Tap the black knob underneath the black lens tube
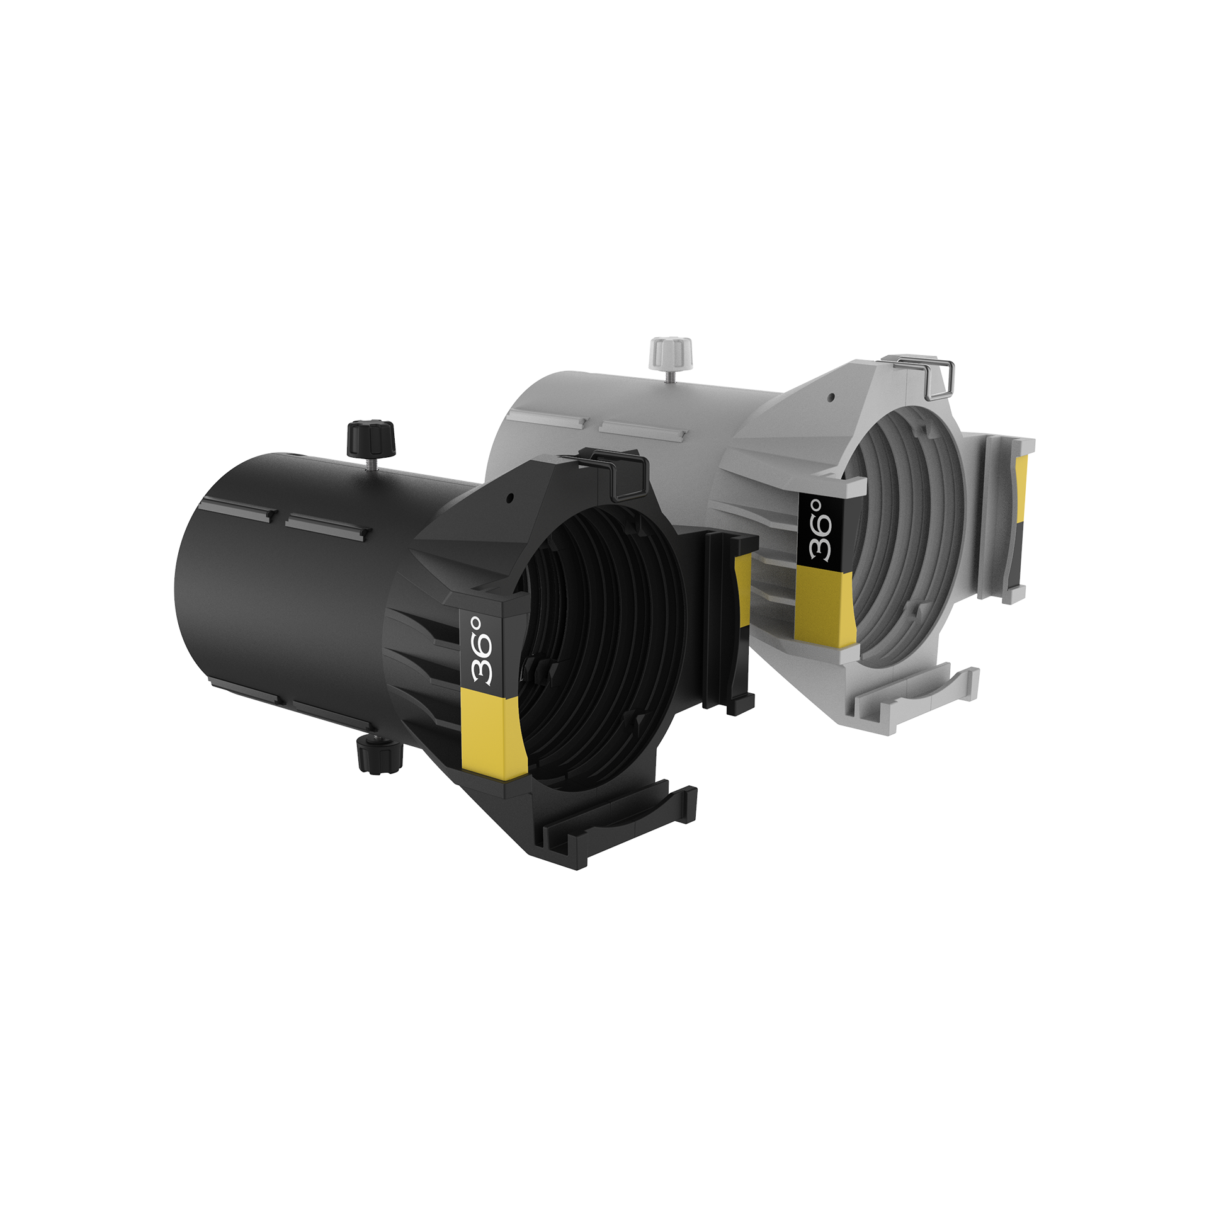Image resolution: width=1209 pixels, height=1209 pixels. (378, 754)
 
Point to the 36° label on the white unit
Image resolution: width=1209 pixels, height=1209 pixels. (822, 530)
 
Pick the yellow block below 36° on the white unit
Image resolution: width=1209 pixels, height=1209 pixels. (825, 603)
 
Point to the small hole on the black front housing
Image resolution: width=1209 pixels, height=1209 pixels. (509, 498)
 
